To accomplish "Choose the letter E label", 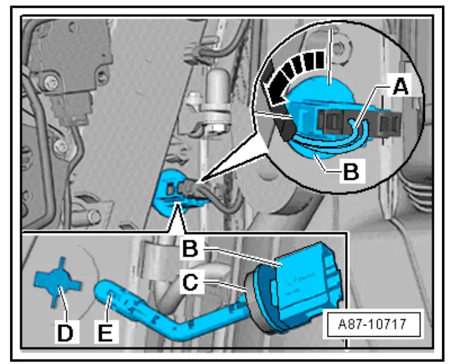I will click(x=108, y=331).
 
